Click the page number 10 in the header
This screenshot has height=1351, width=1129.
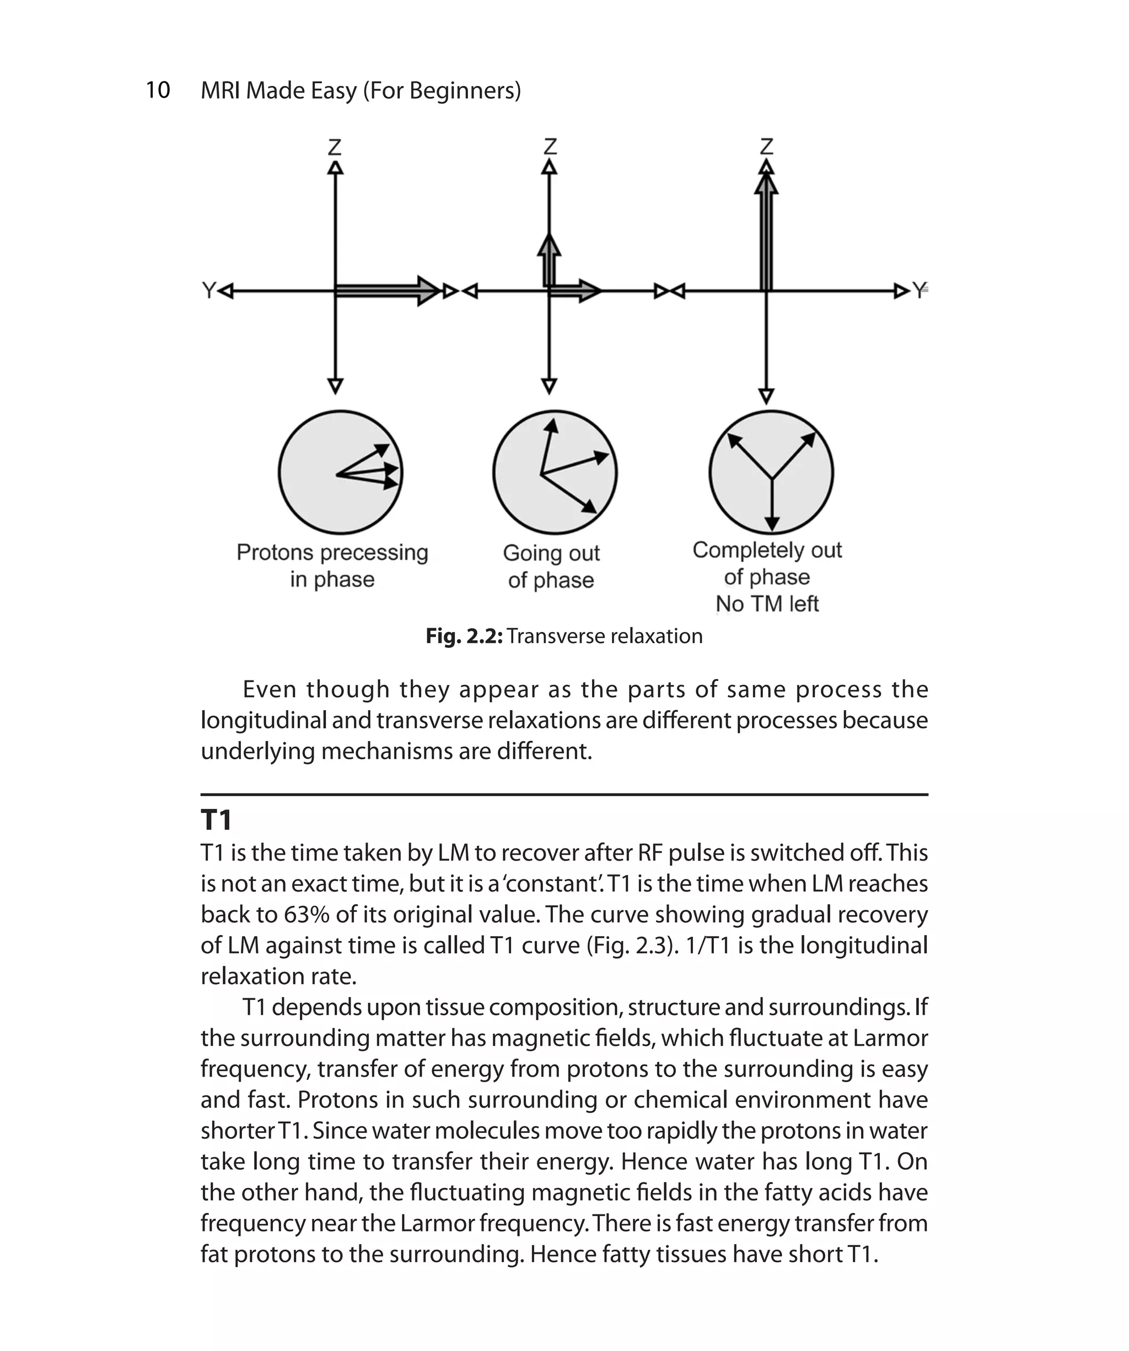tap(158, 90)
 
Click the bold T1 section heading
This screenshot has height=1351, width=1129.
tap(216, 820)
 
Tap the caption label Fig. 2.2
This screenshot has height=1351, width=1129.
tap(464, 636)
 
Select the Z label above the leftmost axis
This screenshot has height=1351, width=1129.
tap(335, 147)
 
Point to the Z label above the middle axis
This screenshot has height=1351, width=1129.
tap(549, 147)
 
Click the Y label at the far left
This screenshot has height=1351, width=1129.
tap(208, 291)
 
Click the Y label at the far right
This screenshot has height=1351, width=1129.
tap(919, 290)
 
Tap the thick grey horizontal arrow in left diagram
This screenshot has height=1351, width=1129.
tap(386, 291)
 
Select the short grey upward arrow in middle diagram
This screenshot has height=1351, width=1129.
tap(549, 261)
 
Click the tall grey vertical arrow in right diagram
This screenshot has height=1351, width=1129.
tap(766, 235)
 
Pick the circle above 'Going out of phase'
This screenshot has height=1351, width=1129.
tap(555, 473)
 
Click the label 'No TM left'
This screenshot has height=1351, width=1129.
tap(767, 604)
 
